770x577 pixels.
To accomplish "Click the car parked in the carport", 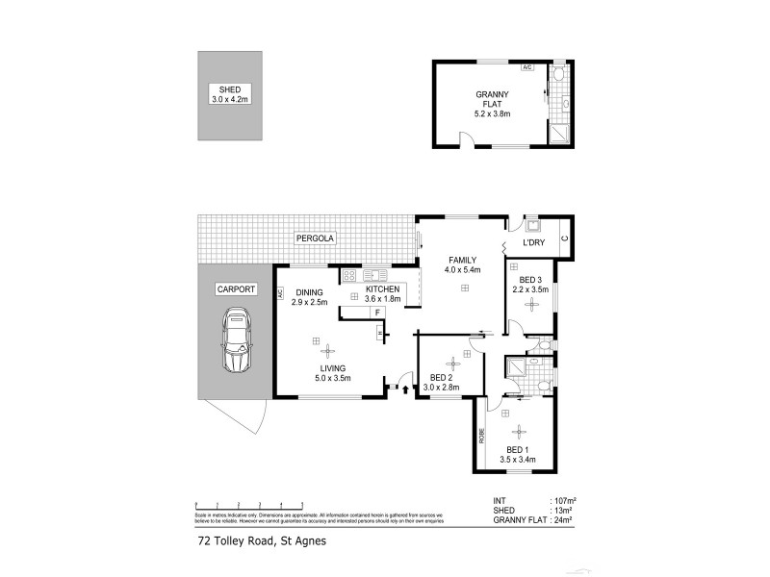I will pos(237,341).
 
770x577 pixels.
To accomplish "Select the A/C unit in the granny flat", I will pos(526,68).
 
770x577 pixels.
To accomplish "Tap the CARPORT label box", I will pos(235,288).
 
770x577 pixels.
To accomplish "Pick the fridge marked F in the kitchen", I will pos(377,314).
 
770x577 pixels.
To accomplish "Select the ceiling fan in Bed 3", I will pos(531,304).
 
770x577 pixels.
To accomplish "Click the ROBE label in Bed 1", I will pos(482,435).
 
